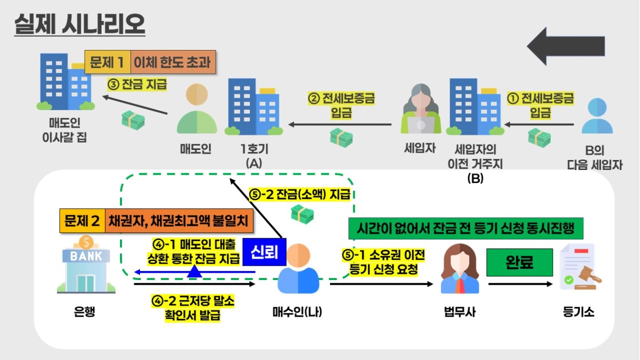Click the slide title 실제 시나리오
point(79,24)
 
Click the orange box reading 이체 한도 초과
point(172,63)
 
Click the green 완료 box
point(519,262)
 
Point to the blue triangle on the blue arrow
point(195,271)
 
